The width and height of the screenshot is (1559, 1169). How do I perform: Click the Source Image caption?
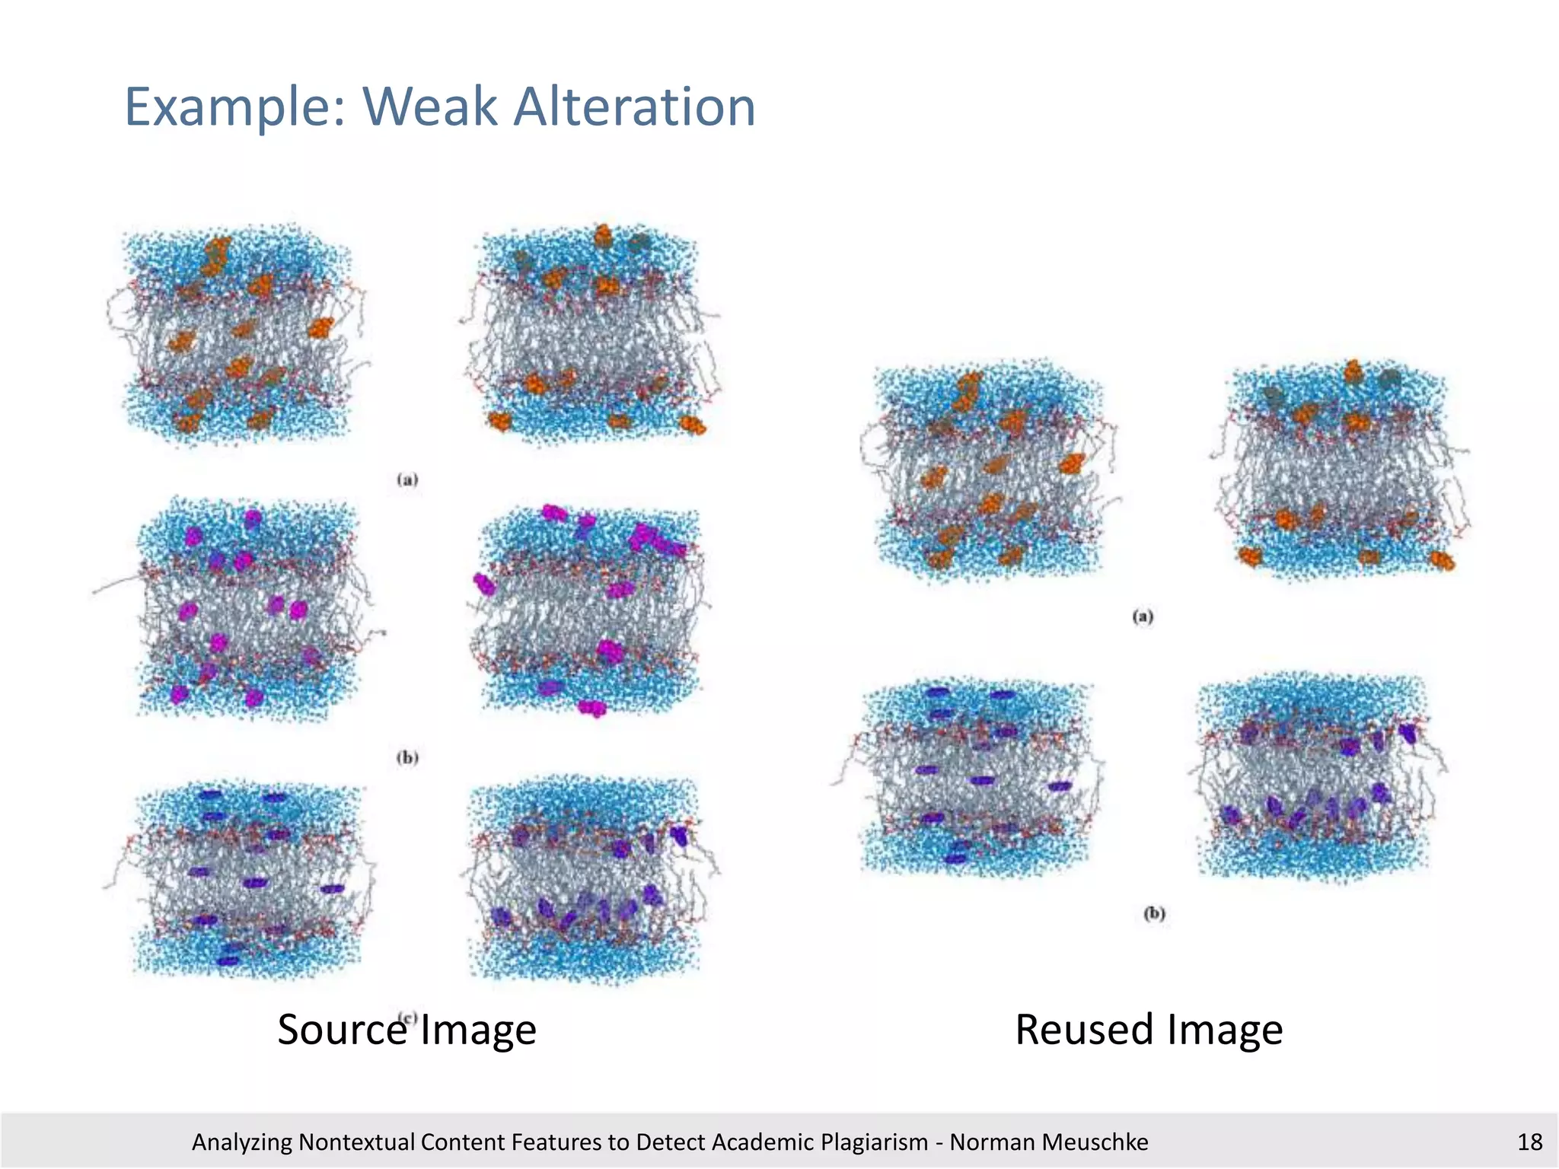point(406,1029)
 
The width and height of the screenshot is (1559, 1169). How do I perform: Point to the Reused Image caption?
point(1149,1029)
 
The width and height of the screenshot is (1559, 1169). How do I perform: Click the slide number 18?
point(1529,1142)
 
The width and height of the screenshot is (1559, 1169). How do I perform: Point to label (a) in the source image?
point(407,479)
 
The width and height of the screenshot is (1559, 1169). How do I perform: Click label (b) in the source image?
point(407,757)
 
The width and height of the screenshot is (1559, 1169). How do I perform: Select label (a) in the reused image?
point(1143,616)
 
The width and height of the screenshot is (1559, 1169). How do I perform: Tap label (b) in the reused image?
point(1154,913)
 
